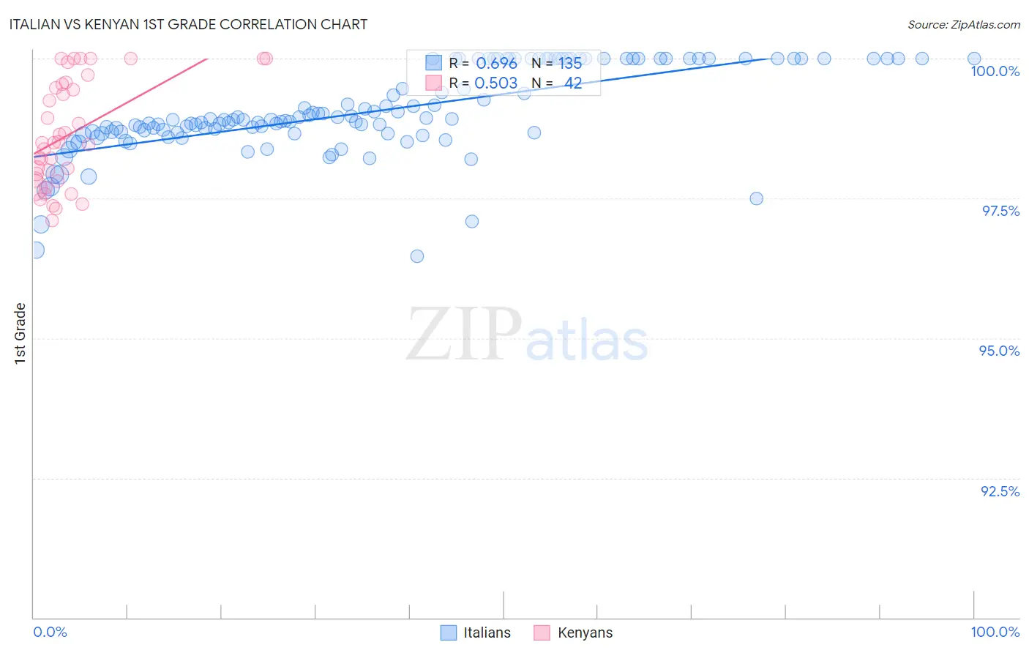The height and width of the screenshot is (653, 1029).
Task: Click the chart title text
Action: [189, 24]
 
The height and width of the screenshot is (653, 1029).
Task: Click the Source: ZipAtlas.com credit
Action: [963, 24]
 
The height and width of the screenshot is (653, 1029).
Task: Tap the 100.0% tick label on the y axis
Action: [995, 71]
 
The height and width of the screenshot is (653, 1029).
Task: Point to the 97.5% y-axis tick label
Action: [1000, 211]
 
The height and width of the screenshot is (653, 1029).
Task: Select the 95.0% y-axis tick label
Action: [999, 351]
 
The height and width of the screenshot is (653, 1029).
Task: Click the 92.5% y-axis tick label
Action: [1000, 491]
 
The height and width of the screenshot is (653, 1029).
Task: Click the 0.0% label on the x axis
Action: [50, 632]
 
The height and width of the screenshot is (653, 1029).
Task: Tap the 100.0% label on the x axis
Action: [995, 632]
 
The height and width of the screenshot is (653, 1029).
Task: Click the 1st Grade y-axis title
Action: [20, 333]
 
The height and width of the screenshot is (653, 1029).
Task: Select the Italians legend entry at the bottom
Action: [476, 633]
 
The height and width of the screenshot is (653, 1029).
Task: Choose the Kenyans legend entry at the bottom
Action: [573, 633]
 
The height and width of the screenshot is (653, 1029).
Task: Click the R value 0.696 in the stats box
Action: [496, 63]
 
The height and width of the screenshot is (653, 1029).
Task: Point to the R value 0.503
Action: [496, 83]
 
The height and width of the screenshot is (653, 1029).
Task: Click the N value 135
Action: [570, 63]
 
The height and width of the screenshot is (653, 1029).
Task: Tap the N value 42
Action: [573, 83]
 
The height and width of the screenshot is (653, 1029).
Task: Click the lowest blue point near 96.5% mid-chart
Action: [417, 256]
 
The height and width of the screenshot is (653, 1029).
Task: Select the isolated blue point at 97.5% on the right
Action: [756, 198]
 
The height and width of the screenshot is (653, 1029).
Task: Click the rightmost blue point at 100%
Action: [974, 59]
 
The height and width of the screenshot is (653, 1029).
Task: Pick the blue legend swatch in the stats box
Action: [433, 62]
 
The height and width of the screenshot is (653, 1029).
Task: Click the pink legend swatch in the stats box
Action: [433, 83]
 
